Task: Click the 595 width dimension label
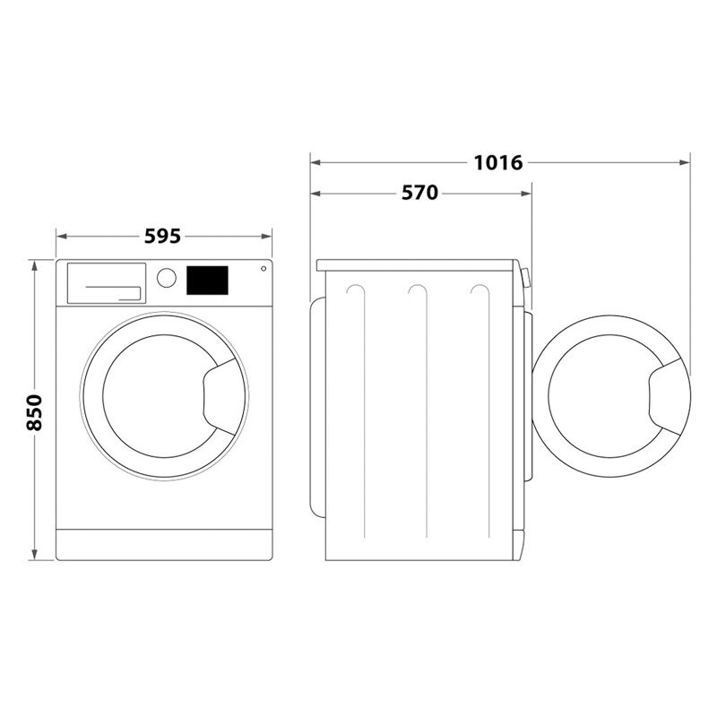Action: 163,236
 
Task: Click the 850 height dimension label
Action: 34,411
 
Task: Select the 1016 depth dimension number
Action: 498,162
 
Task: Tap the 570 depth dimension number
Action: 419,193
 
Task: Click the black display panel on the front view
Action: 207,280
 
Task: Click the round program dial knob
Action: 166,277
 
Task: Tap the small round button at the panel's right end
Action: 264,268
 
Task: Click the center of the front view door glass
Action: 154,392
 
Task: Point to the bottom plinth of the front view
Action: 163,543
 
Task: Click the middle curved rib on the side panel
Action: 415,291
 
